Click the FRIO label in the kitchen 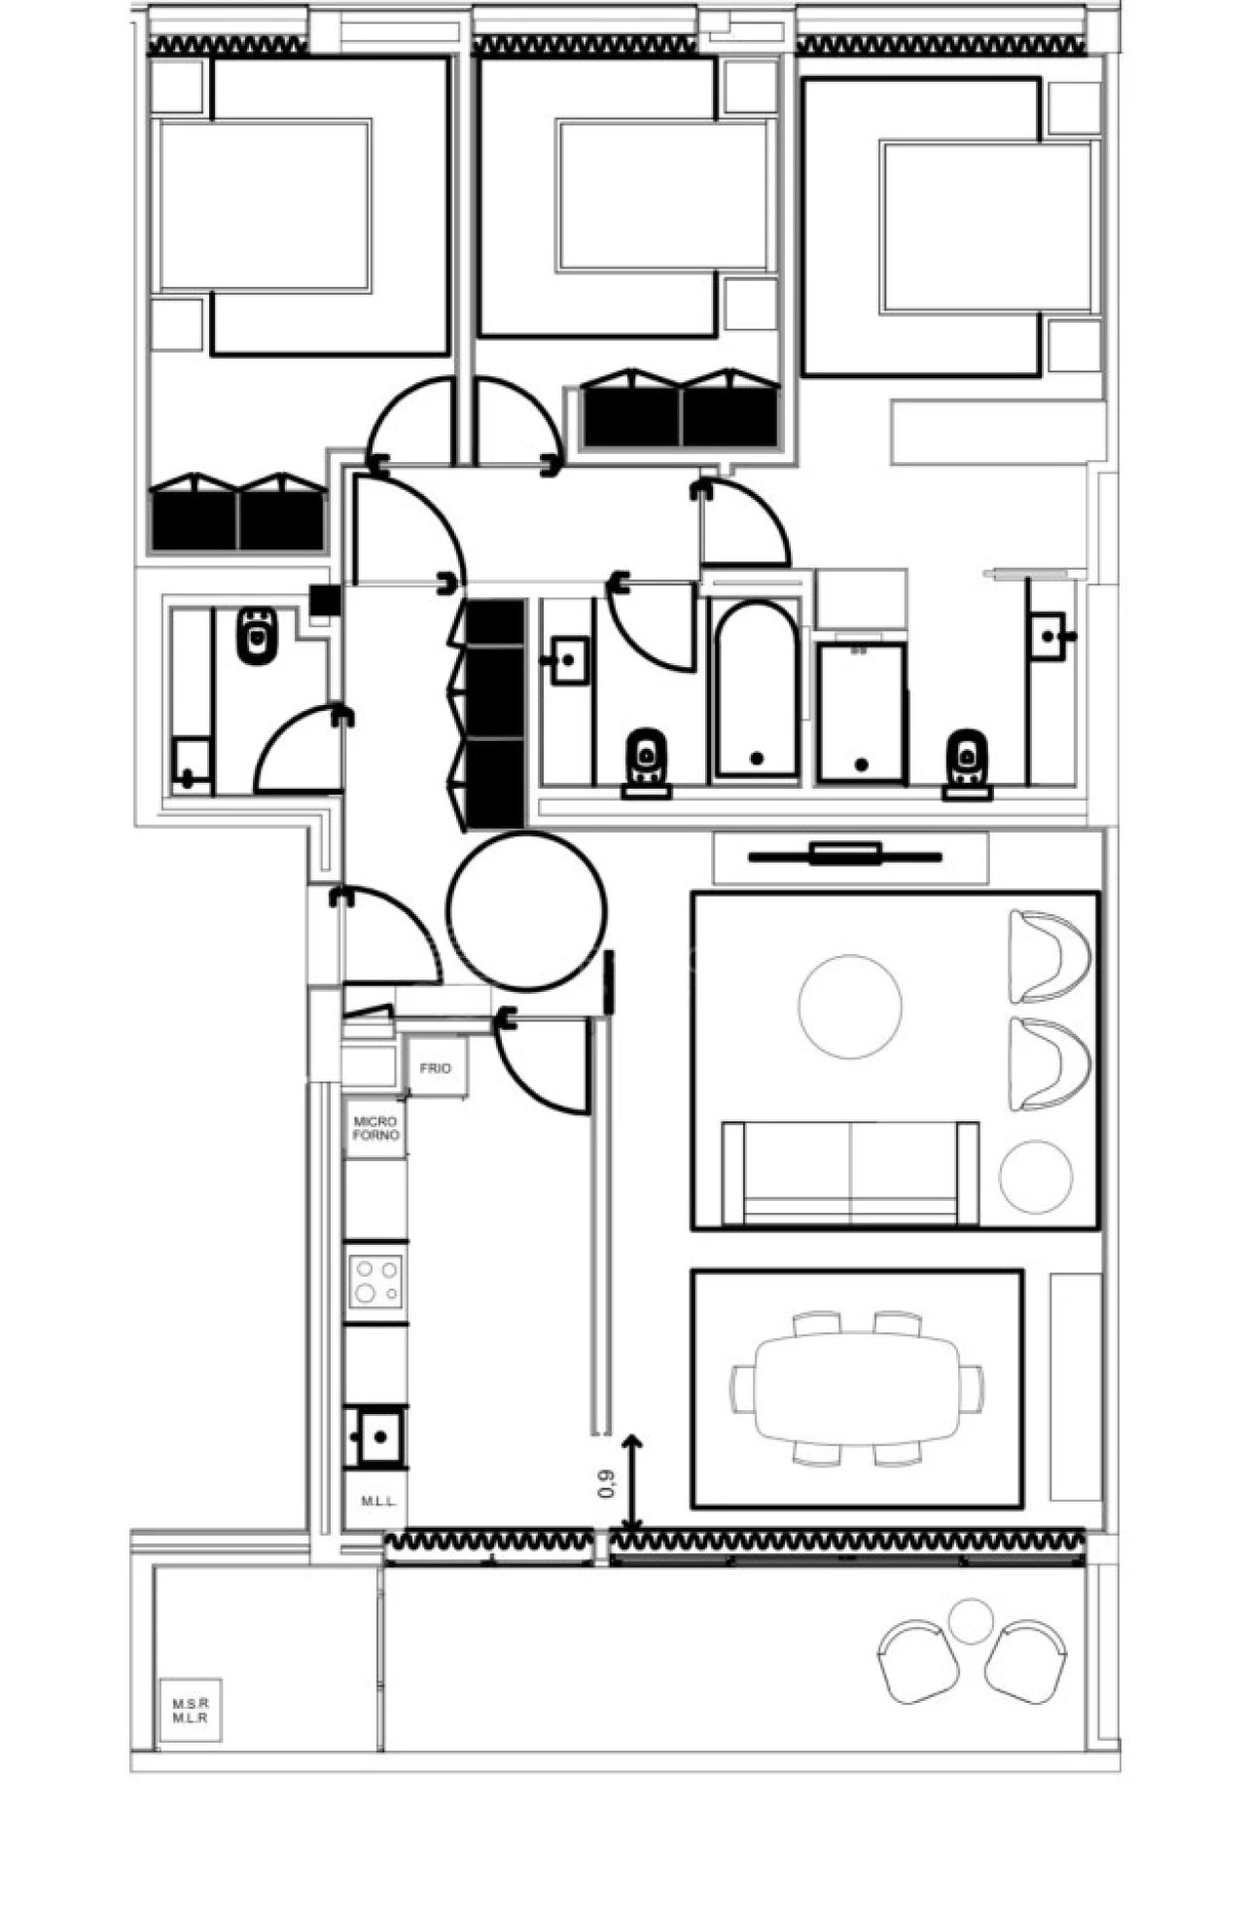[x=435, y=1068]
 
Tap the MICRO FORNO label [x=375, y=1128]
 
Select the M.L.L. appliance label [x=378, y=1501]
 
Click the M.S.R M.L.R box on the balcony [x=191, y=1710]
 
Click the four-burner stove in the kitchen [x=376, y=1280]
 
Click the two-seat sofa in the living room [x=850, y=1173]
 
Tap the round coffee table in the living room [x=849, y=1006]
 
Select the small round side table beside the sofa [x=1036, y=1177]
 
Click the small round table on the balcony [x=970, y=1621]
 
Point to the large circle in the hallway [x=526, y=910]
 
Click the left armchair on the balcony [x=916, y=1661]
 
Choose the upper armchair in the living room [x=1047, y=956]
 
